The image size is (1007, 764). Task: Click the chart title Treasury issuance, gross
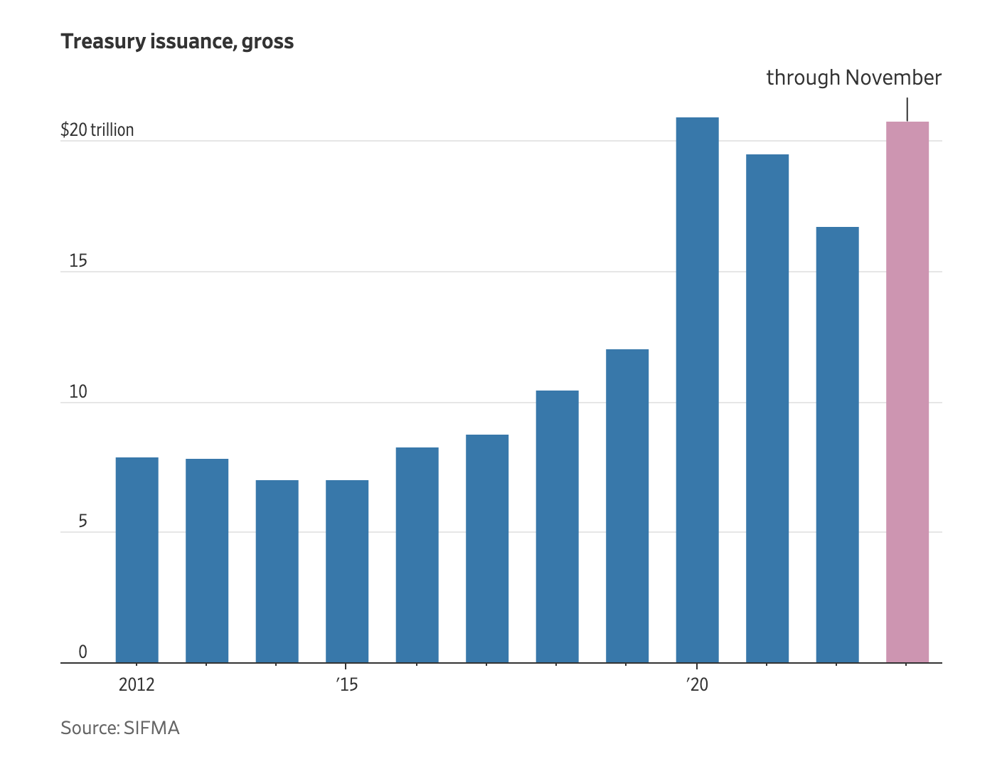coord(177,42)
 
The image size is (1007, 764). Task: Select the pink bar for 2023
coord(907,392)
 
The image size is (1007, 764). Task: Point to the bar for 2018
coord(557,526)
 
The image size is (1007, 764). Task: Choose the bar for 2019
coord(627,506)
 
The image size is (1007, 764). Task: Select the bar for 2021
coord(767,408)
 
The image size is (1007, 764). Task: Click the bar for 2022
coord(837,445)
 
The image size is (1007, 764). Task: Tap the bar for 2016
coord(417,555)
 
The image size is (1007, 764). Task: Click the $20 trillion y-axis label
coord(97,130)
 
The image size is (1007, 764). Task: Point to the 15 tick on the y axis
coord(78,261)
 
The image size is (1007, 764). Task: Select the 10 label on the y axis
coord(78,392)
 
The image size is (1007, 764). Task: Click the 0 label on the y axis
coord(82,652)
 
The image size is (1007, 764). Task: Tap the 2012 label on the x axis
coord(137,685)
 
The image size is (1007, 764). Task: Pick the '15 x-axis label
coord(346,685)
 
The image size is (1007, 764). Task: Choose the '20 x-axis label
coord(697,685)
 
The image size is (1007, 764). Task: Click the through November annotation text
coord(853,78)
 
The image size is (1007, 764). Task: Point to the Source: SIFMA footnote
coord(120,728)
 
